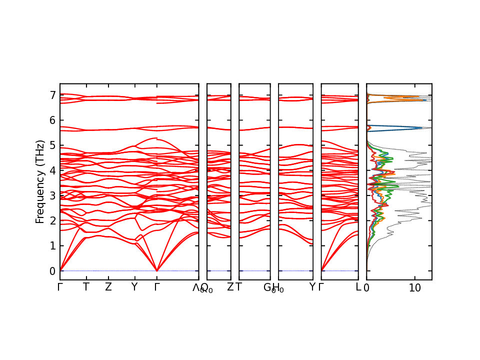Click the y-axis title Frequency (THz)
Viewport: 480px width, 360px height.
tap(40, 181)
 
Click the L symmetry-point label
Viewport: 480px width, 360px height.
tap(358, 287)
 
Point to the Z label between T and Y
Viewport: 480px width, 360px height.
tap(108, 287)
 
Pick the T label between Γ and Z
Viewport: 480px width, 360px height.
tap(86, 287)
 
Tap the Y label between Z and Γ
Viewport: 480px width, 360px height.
tap(134, 287)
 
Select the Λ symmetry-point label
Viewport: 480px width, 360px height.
tap(196, 287)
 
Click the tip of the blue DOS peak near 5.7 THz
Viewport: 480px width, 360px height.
tap(422, 128)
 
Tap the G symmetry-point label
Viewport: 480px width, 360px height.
tap(267, 287)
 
